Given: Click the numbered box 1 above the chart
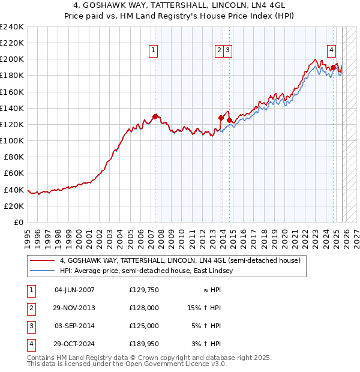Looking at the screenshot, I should pyautogui.click(x=154, y=51).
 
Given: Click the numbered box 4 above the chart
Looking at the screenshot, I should pyautogui.click(x=331, y=51).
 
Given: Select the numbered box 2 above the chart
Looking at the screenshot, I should pyautogui.click(x=220, y=51).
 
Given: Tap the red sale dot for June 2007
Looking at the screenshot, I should pyautogui.click(x=155, y=116).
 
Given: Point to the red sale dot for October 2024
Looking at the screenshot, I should pyautogui.click(x=333, y=67).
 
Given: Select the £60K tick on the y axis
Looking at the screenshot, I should pyautogui.click(x=14, y=173).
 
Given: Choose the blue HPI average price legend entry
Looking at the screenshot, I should pyautogui.click(x=149, y=271).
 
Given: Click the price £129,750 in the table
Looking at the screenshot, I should pyautogui.click(x=143, y=290).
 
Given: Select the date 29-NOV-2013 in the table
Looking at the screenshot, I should pyautogui.click(x=74, y=308).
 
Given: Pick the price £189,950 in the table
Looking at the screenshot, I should pyautogui.click(x=143, y=344).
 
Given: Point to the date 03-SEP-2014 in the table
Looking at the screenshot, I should pyautogui.click(x=74, y=326).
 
